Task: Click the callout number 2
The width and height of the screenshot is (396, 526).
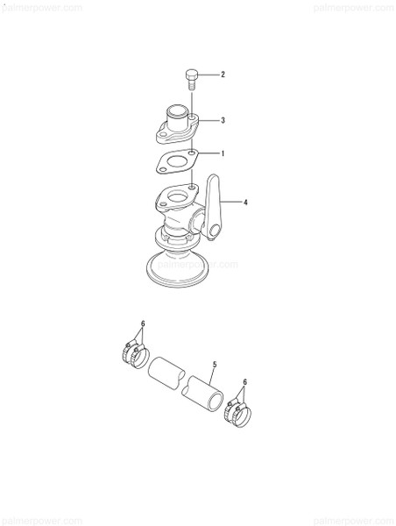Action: (223, 75)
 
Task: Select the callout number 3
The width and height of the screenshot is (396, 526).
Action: (223, 120)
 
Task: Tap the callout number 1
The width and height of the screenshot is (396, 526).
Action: (223, 153)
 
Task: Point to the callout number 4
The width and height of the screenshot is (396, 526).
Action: (246, 203)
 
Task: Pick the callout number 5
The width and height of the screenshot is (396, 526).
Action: (213, 365)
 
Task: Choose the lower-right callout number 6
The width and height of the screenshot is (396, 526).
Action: (244, 383)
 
